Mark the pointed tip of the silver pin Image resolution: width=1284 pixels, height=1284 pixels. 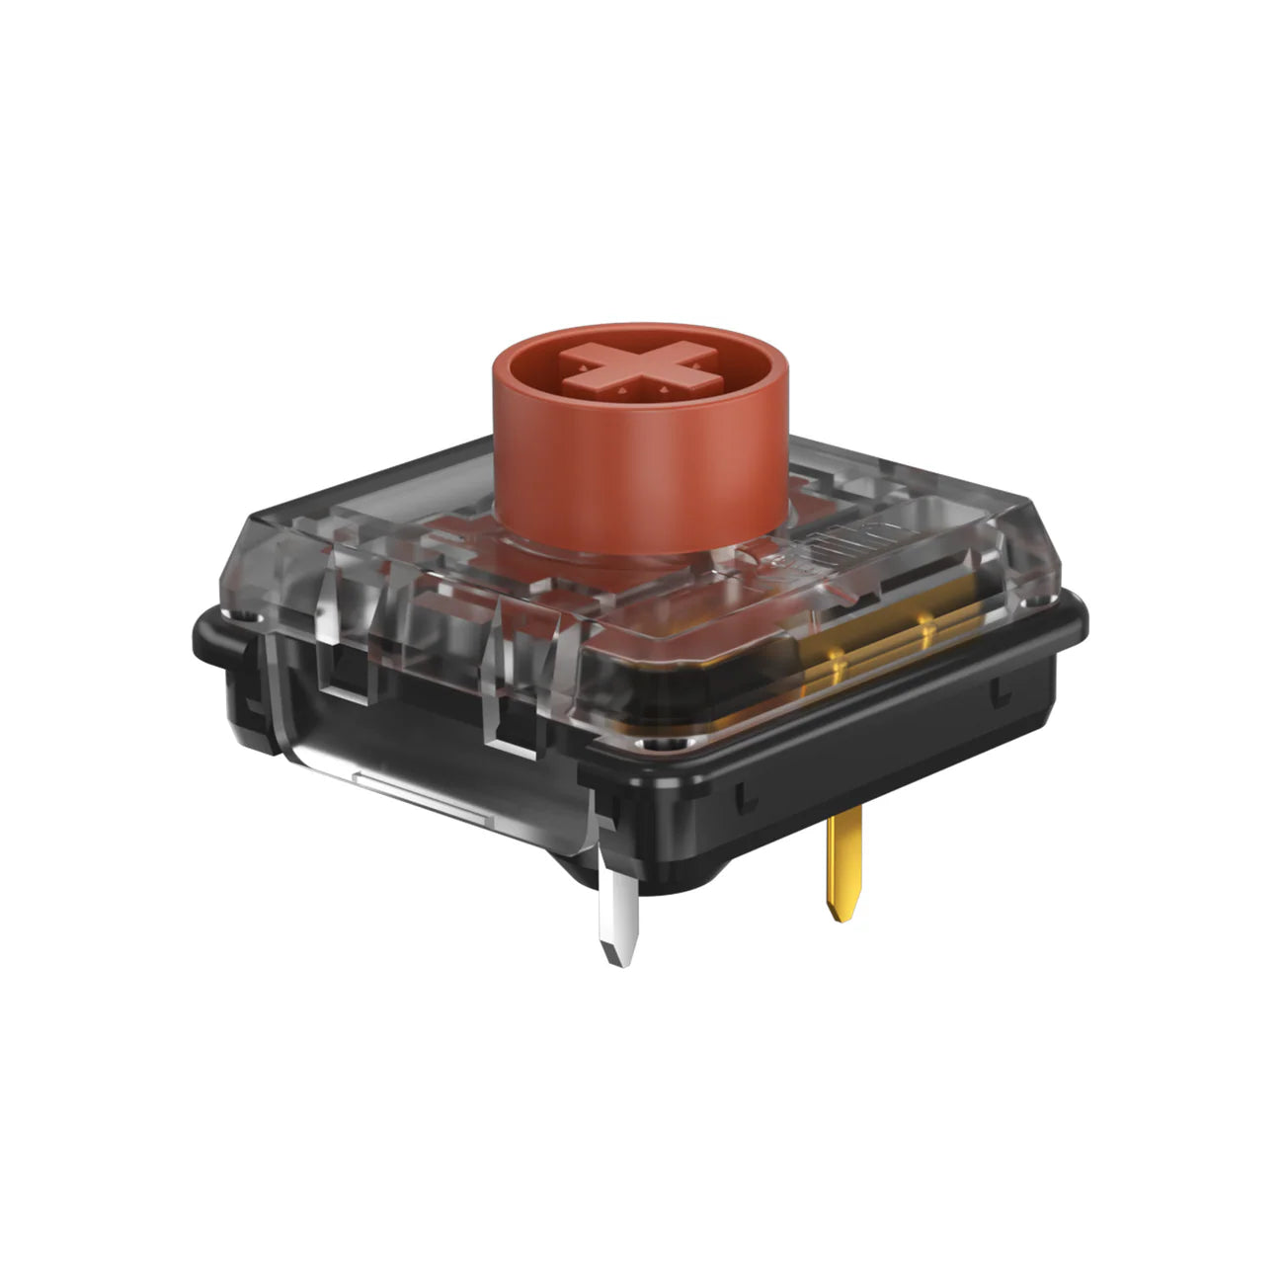[x=616, y=960]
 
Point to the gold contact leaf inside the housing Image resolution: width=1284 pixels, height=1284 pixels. [x=869, y=652]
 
